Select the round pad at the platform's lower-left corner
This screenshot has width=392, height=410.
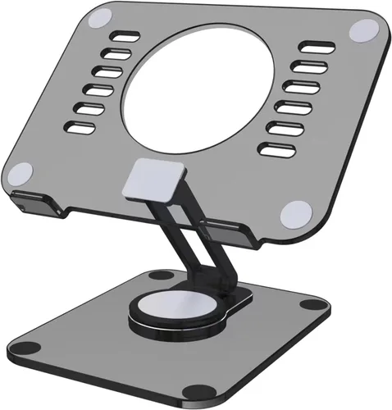22,173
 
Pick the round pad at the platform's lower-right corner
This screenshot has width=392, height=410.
291,215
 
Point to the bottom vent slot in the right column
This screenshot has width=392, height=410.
273,149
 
